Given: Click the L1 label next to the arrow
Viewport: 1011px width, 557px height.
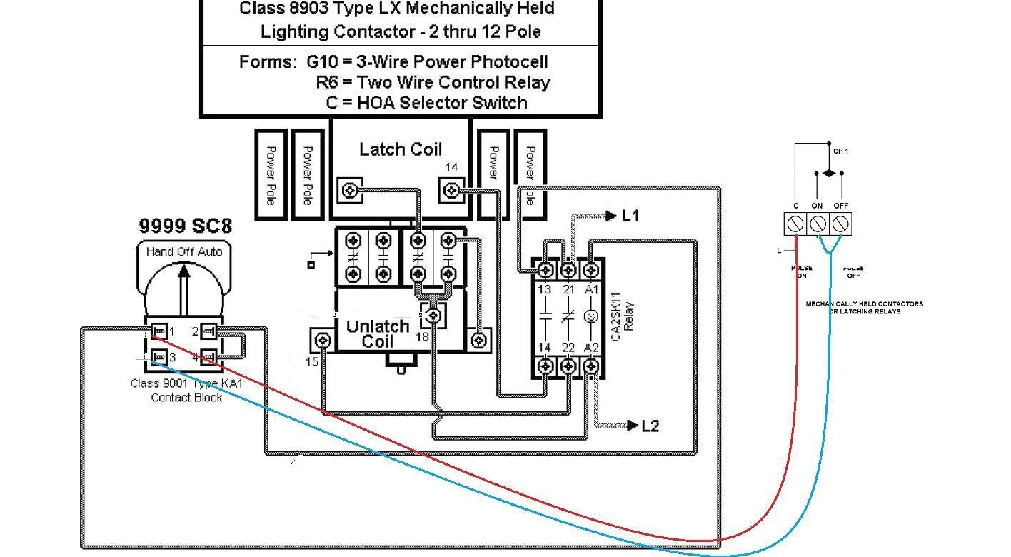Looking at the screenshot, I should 630,216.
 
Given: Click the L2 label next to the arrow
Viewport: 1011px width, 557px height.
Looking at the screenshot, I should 650,426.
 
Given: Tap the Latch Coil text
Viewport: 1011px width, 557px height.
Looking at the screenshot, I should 400,149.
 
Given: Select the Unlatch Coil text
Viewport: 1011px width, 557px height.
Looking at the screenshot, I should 377,333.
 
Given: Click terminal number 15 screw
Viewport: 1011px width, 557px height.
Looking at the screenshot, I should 323,340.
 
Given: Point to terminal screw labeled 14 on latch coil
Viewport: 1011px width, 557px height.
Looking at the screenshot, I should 451,191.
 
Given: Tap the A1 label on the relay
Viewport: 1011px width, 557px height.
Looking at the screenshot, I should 592,290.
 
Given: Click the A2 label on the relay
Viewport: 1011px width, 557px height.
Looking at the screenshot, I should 592,348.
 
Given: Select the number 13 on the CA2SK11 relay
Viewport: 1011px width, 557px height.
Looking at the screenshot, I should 544,290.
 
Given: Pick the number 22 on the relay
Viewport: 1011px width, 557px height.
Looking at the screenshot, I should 568,348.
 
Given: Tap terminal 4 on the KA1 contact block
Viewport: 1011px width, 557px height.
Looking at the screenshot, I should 208,356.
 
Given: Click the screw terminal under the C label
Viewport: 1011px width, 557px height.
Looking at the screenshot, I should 795,224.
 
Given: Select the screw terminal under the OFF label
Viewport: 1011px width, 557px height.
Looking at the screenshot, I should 840,224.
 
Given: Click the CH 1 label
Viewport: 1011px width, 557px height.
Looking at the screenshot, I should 840,151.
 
